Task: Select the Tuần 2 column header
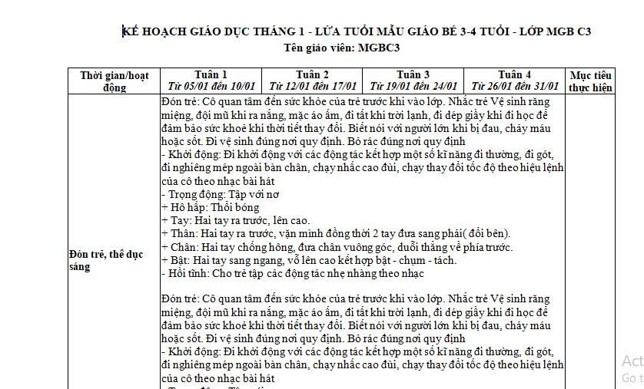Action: [312, 74]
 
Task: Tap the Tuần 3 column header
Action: [413, 74]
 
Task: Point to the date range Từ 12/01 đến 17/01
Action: [312, 86]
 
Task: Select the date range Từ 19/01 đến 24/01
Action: [413, 86]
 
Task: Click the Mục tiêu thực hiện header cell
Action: [590, 81]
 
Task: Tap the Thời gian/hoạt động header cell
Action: [114, 81]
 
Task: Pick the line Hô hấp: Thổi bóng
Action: [211, 207]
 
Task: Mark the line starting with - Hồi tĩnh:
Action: [293, 273]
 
